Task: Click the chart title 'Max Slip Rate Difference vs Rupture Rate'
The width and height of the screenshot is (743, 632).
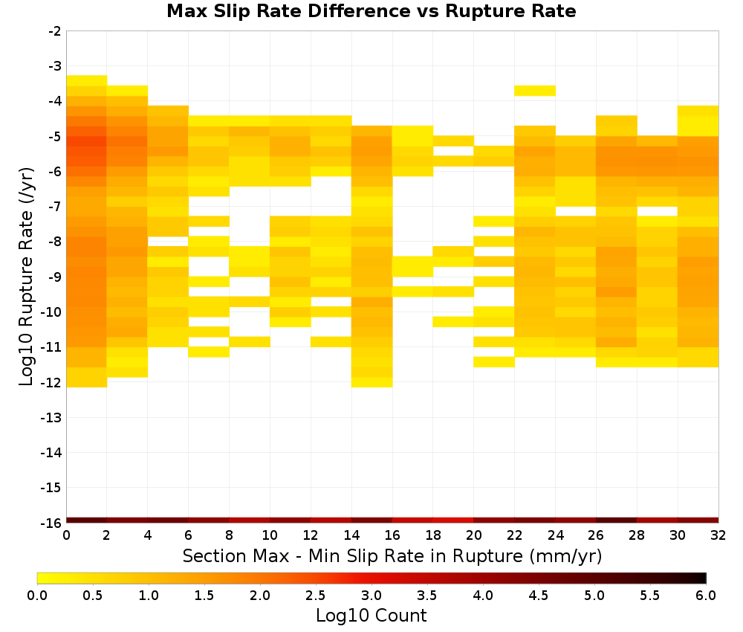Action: point(371,10)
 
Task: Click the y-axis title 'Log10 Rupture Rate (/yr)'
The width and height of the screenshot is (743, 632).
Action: point(26,277)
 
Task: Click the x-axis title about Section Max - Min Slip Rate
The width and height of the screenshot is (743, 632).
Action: point(392,555)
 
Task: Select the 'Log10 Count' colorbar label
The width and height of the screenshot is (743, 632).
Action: point(371,616)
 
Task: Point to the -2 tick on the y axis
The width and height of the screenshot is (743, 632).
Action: point(55,31)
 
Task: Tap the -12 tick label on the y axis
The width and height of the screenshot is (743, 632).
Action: point(52,382)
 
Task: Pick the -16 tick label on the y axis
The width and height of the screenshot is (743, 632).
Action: point(52,523)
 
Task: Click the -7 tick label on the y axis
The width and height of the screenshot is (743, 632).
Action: point(55,207)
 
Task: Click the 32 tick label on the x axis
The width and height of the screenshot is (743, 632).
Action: point(718,536)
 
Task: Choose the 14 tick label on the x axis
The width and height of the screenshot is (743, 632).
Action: point(351,536)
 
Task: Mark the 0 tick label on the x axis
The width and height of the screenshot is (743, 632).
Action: point(66,536)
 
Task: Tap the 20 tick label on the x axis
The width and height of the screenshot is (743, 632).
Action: point(474,536)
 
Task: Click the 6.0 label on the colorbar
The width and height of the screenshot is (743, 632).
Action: point(706,596)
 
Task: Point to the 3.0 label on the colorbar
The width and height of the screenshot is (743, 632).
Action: point(371,596)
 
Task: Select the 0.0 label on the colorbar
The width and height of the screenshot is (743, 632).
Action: point(37,596)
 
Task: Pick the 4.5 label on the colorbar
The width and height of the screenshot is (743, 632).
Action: point(539,596)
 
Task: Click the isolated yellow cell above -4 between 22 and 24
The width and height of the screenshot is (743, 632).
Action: point(535,91)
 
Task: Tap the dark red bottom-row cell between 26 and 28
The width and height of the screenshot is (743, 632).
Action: point(617,520)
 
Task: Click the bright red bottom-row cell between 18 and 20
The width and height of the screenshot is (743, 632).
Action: point(453,520)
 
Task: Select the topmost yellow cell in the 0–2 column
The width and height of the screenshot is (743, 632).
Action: point(87,80)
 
